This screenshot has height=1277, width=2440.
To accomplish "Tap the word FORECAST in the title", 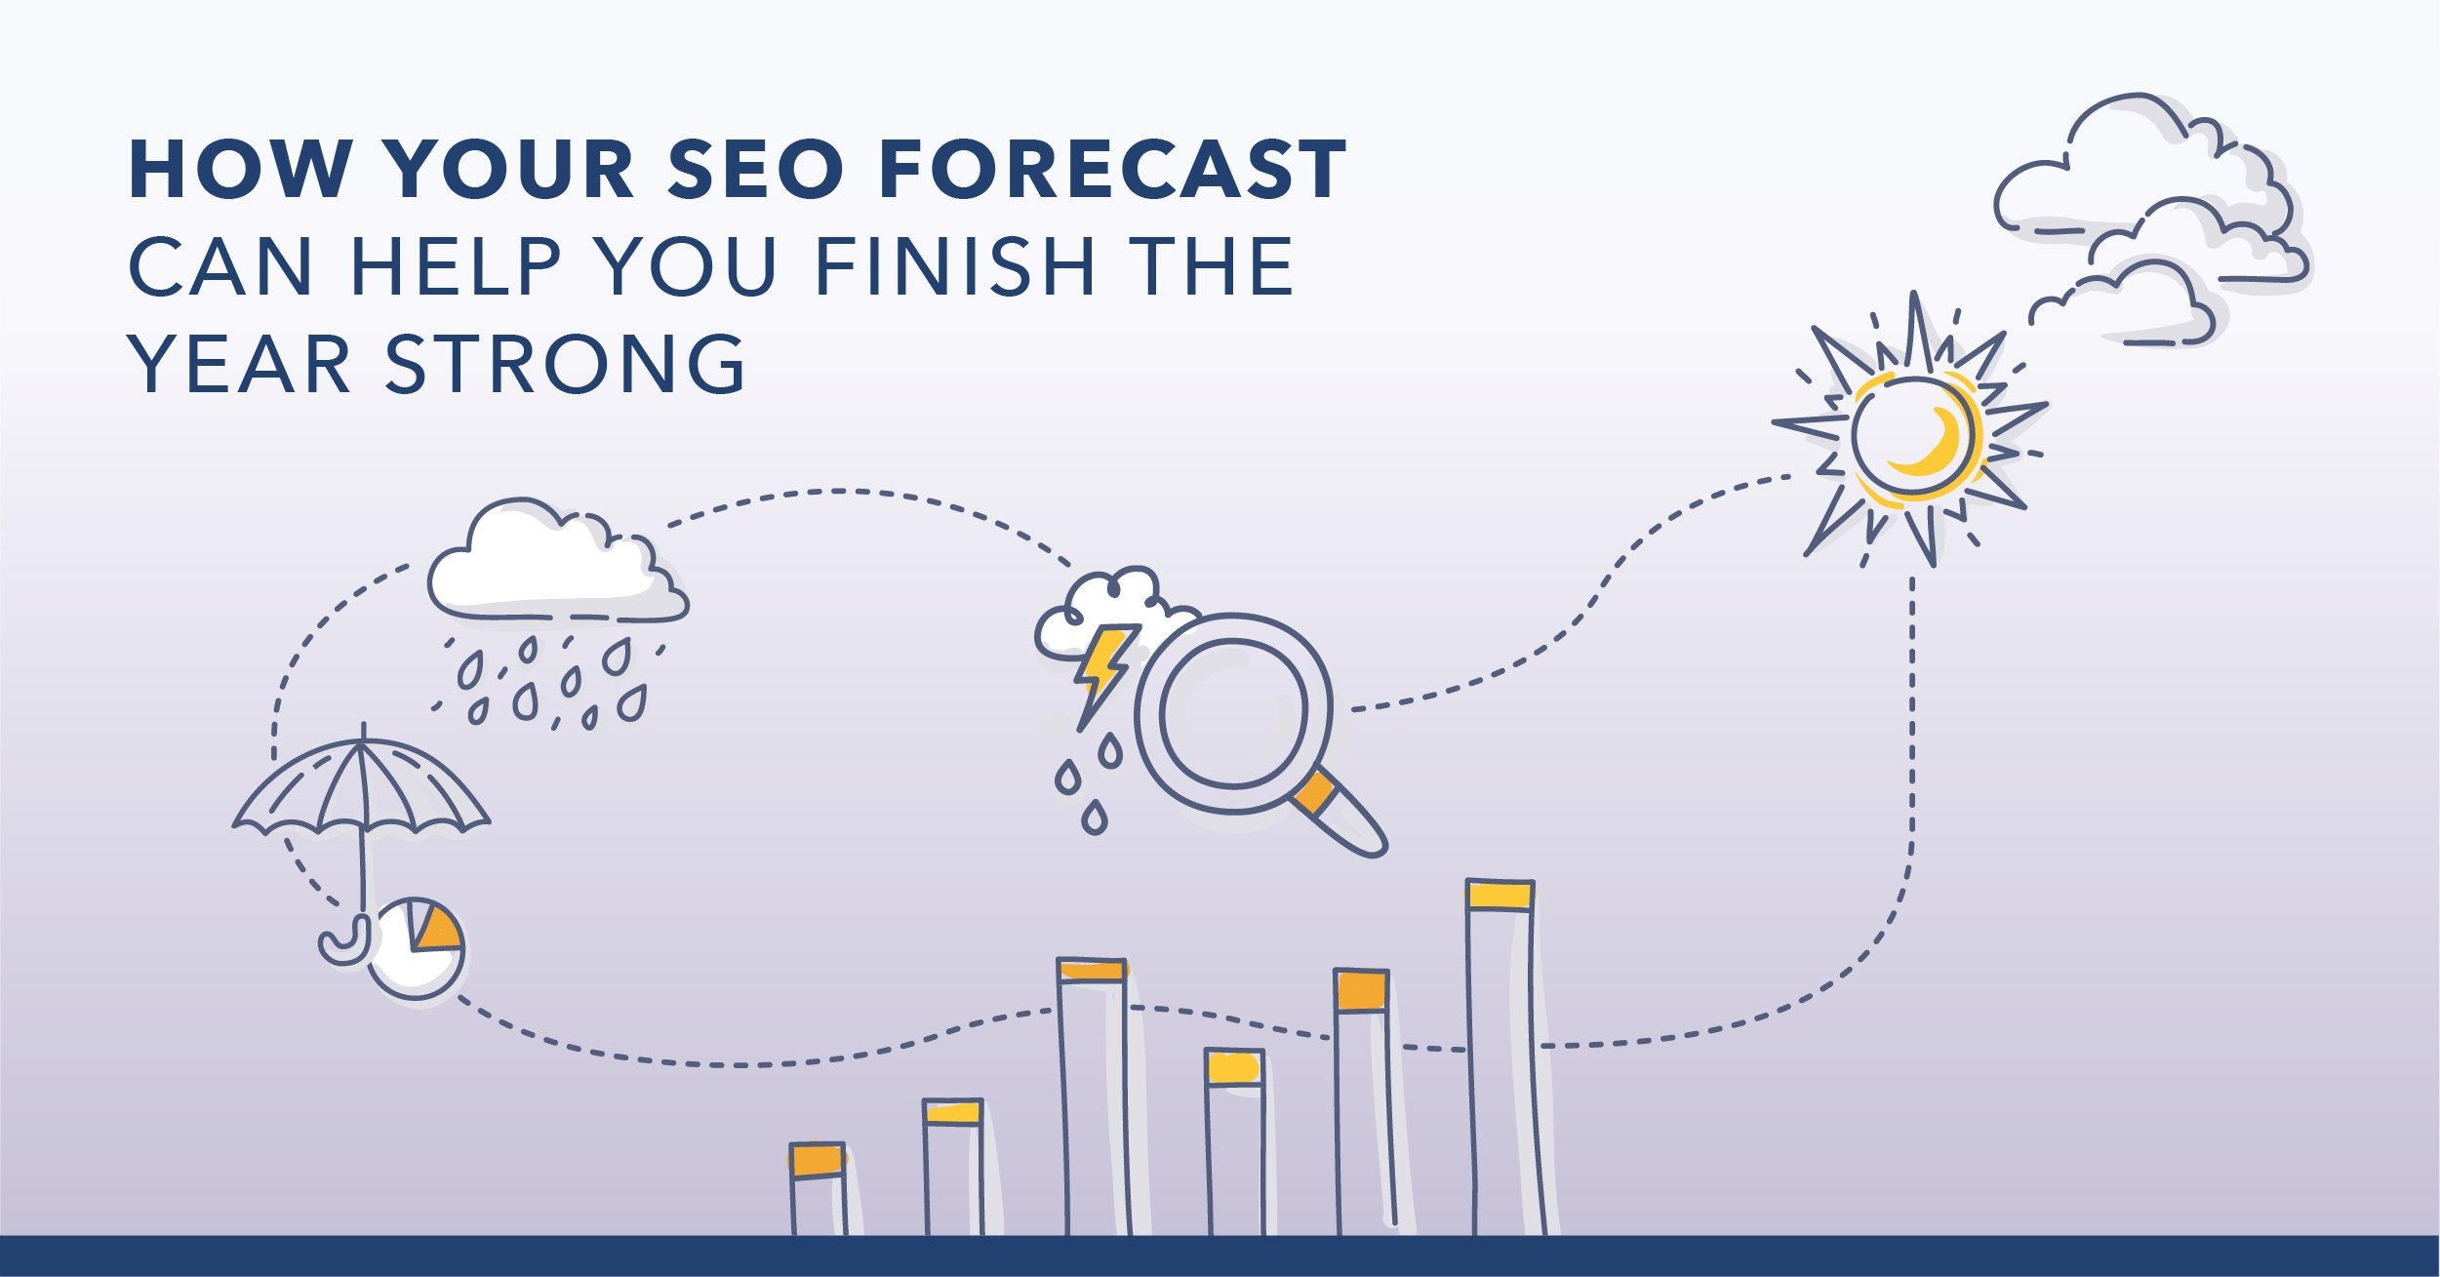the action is coord(1113,170).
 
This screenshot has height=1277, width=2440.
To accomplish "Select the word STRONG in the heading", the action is coord(566,364).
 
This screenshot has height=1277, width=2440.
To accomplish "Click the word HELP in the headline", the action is coord(455,265).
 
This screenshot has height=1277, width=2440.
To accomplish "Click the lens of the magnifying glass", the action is coord(1234,712).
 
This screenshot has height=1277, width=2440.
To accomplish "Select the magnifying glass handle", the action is coord(1341,815).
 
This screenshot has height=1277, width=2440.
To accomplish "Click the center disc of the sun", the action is coord(1915,436).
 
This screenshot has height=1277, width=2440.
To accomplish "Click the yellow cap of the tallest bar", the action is coord(1500,895).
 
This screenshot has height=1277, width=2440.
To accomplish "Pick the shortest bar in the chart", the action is coord(818,1188).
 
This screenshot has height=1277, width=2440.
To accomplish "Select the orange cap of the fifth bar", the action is coord(1361,990).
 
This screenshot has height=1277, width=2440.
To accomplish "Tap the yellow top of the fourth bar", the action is coord(1234,1067).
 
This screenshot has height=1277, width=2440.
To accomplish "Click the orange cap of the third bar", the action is coord(1093,970).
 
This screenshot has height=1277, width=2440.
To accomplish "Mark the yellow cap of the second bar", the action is coord(952,1112).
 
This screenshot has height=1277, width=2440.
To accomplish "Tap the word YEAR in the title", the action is coord(240,364).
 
